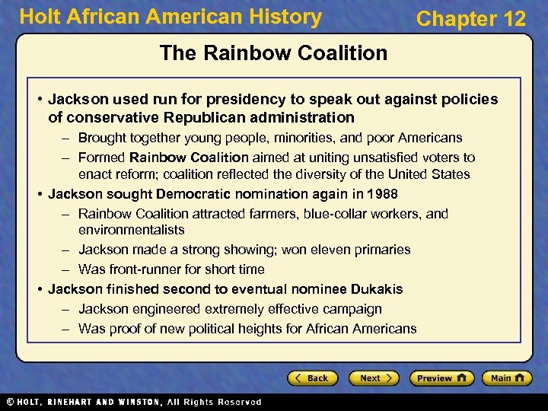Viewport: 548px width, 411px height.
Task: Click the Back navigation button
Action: [x=313, y=378]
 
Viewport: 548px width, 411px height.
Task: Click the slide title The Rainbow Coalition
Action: [x=273, y=53]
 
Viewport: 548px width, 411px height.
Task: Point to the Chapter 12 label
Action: [x=470, y=19]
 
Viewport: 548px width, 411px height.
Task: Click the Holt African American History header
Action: [x=170, y=17]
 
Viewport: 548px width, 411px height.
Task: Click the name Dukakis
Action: [x=377, y=289]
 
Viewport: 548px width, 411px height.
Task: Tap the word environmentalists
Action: [x=132, y=230]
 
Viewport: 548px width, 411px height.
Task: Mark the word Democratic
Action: [x=203, y=194]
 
